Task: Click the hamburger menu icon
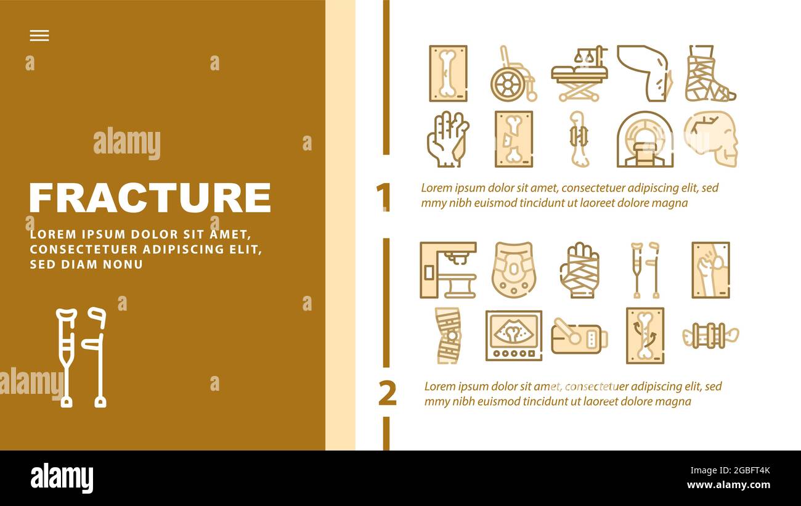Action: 39,35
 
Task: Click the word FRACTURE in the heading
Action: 150,198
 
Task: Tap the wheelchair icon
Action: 513,73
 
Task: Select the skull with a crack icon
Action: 711,139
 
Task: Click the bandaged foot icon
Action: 710,73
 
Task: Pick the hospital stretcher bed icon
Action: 579,73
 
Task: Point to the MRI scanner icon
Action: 645,139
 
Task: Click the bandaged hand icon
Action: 579,271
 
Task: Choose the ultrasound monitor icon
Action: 513,336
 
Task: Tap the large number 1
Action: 384,197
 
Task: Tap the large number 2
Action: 388,393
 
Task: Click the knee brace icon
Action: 448,336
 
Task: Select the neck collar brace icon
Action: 513,271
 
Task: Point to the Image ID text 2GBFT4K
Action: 752,470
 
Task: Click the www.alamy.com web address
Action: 728,485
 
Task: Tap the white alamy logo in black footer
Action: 62,478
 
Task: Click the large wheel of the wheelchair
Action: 508,85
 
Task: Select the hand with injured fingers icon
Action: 448,139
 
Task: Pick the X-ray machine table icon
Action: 448,271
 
